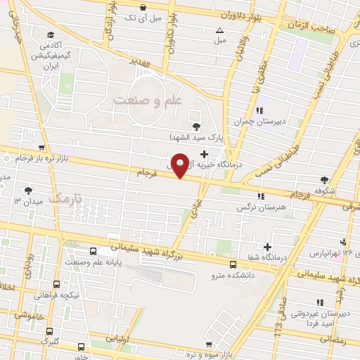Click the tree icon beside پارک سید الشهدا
point(195,127)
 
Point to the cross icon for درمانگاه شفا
point(267,246)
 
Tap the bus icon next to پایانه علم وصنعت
point(94,251)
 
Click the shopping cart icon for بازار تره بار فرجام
point(44,148)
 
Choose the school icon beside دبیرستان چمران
point(259,110)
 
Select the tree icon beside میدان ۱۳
point(28,190)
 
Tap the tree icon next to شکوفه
point(324,180)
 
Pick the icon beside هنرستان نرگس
point(262,196)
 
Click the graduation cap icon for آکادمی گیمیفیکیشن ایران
point(50,34)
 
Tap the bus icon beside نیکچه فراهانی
point(56,285)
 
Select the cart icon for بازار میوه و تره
point(209,344)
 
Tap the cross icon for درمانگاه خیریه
point(204,154)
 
